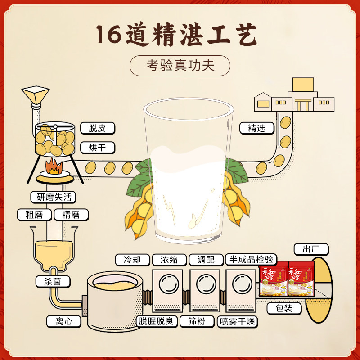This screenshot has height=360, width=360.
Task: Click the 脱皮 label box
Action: (97, 128)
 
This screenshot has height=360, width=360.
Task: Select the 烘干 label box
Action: (97, 147)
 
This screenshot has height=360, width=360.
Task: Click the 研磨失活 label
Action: (54, 197)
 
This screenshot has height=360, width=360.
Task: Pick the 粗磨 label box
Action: (34, 215)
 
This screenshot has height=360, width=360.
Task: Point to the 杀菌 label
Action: (53, 282)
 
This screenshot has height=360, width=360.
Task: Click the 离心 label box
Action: (63, 321)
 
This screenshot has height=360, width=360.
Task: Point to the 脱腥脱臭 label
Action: (157, 321)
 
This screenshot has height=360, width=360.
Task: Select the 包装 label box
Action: (285, 308)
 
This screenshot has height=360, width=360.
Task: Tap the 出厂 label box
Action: (311, 249)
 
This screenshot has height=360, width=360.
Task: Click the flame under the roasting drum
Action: (54, 166)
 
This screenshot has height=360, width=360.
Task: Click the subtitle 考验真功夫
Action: (180, 66)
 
